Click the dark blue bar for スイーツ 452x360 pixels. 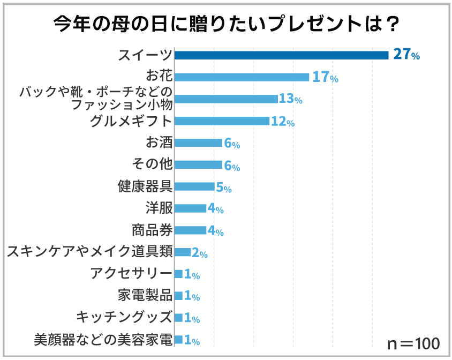(281, 55)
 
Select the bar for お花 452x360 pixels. (242, 77)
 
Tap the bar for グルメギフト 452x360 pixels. (222, 121)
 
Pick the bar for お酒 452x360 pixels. (198, 143)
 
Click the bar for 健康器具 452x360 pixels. (194, 186)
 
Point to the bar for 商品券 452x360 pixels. (190, 230)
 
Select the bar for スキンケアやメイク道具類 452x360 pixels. (183, 252)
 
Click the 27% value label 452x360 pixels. (406, 55)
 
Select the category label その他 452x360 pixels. (152, 165)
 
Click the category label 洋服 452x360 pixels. (159, 208)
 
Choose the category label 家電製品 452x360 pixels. (145, 296)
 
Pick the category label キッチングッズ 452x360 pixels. (124, 318)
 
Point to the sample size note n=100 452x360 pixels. (413, 343)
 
